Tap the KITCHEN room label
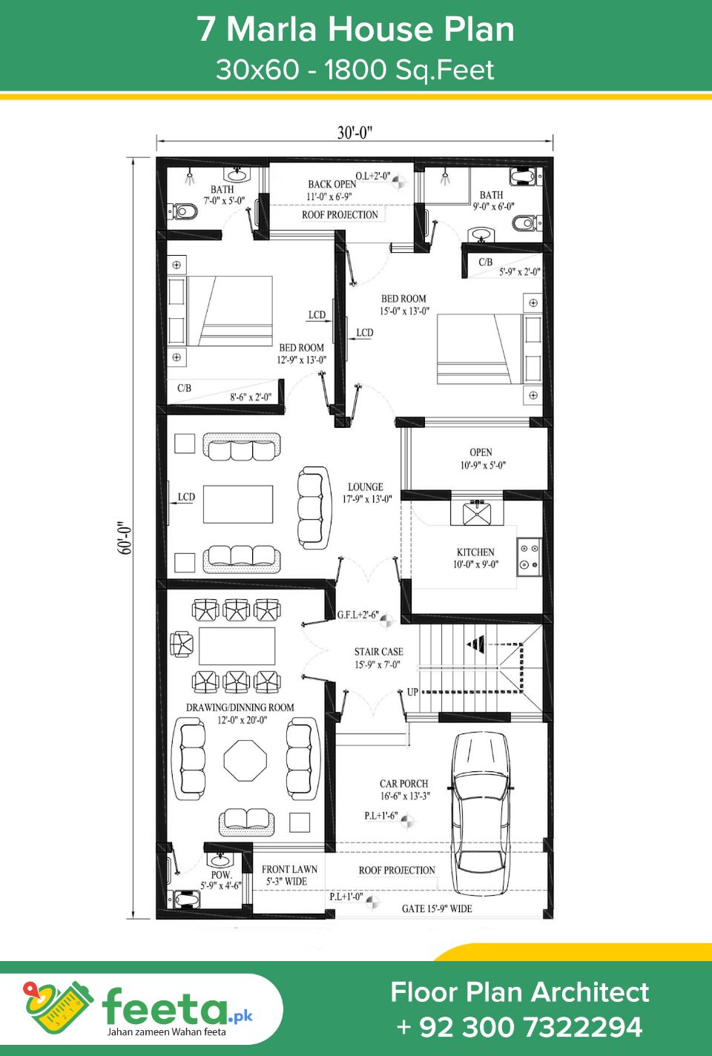(x=475, y=552)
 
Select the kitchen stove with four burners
(x=529, y=557)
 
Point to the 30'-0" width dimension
(x=355, y=133)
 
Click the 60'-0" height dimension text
(x=124, y=538)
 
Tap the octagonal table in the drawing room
(x=245, y=760)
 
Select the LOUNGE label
(x=366, y=486)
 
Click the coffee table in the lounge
(x=238, y=504)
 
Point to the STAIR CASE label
(x=379, y=652)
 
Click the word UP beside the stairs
(x=412, y=692)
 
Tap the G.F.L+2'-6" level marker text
(x=358, y=615)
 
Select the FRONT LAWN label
(x=289, y=869)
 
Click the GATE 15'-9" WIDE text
(x=437, y=908)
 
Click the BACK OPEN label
(x=332, y=184)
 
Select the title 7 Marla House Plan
(x=355, y=29)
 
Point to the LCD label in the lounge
(x=186, y=496)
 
